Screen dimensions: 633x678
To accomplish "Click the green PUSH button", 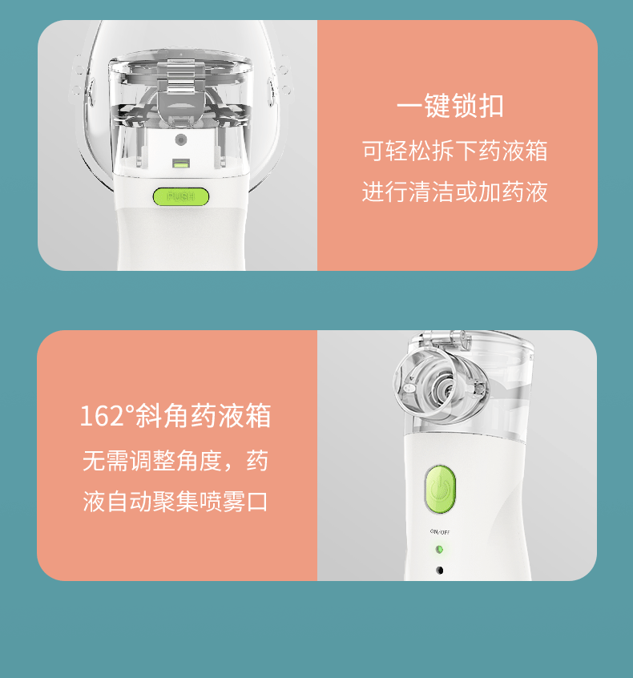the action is point(181,196).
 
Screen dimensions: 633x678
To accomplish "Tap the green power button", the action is point(440,490).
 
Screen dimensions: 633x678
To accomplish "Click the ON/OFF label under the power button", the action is point(440,532).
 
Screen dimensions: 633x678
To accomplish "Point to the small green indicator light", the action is point(439,550).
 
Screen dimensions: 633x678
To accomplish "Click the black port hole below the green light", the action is point(440,571).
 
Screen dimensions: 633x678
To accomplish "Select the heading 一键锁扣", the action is point(450,106).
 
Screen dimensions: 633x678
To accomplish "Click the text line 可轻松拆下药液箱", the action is point(455,151).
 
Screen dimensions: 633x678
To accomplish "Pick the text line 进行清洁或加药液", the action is point(455,192).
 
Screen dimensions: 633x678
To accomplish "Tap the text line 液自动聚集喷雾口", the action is point(175,502).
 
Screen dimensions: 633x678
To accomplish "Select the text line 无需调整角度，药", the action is point(175,461).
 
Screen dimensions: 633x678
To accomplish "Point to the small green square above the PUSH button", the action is point(181,163).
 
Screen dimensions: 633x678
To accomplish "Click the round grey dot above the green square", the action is point(181,139).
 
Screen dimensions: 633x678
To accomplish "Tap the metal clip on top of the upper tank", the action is point(181,75).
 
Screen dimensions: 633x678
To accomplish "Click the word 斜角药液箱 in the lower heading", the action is point(204,416).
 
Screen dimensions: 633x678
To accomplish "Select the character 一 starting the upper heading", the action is point(409,107).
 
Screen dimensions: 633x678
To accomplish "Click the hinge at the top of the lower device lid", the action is point(446,339).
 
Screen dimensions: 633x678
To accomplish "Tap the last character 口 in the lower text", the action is point(257,502).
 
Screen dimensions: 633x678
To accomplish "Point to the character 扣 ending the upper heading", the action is point(491,106).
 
